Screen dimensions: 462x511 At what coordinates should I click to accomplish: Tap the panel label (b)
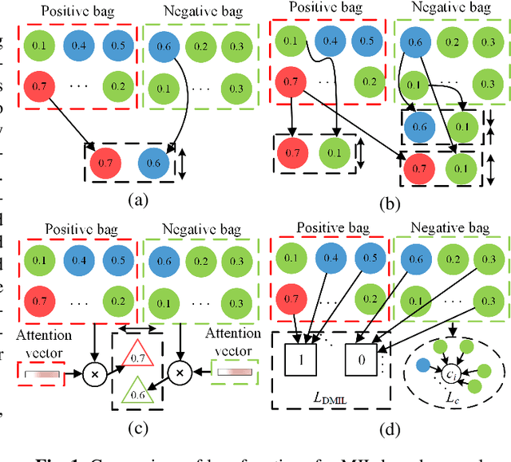tap(389, 204)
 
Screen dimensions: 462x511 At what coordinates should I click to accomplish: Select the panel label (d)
tap(389, 429)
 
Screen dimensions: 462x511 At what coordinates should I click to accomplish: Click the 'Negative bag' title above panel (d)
tap(452, 229)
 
